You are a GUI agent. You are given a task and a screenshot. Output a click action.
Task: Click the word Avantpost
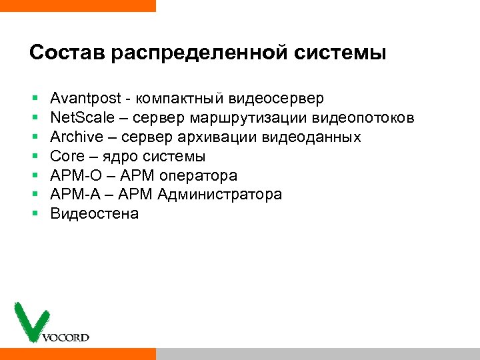pos(85,99)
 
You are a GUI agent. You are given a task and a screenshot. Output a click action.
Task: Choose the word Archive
pos(76,137)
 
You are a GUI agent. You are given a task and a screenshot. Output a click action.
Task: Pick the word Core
pos(67,157)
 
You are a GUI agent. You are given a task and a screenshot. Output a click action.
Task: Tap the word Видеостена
pos(95,214)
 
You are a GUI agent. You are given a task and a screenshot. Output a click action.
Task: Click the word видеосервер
pos(277,99)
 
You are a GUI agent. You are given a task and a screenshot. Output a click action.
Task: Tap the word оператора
pos(199,176)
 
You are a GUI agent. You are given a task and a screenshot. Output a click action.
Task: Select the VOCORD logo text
pos(65,337)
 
